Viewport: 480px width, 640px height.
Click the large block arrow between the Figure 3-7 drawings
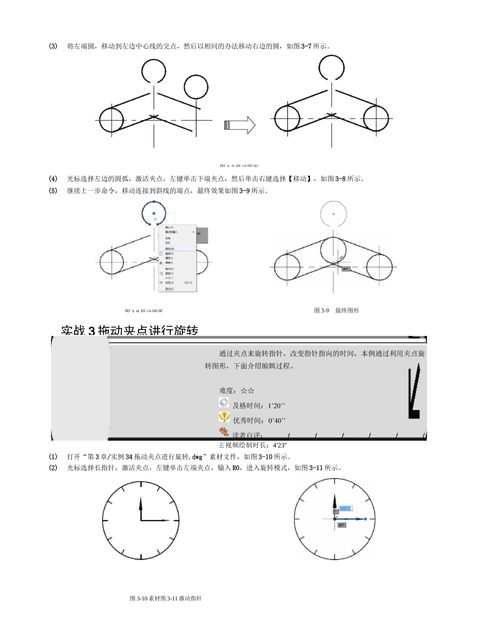239,125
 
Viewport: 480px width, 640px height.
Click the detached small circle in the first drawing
196,87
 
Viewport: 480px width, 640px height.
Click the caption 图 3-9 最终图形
336,310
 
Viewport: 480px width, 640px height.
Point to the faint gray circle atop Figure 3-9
333,214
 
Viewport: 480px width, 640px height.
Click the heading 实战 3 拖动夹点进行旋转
130,331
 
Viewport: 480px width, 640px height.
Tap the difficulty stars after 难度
247,391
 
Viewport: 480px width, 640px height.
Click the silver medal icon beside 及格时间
224,403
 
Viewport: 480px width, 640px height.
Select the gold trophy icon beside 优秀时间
224,417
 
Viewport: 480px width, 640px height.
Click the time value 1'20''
277,406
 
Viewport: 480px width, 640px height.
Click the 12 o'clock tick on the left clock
140,485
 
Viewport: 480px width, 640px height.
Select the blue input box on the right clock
346,508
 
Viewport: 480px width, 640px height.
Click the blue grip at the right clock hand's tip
365,519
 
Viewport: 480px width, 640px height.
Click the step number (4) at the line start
53,179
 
